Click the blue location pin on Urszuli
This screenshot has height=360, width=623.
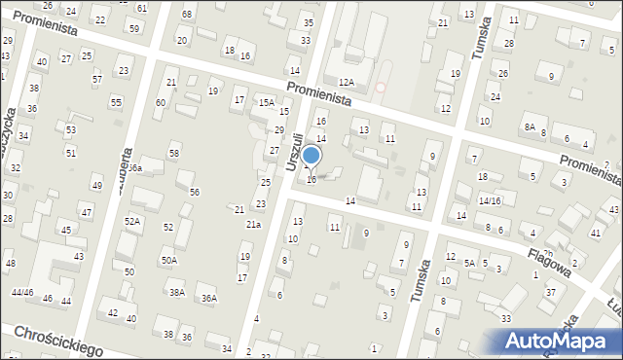click(x=311, y=156)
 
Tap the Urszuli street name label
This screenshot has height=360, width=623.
click(x=294, y=151)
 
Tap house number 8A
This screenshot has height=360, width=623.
click(x=530, y=127)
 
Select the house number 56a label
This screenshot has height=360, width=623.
click(x=135, y=168)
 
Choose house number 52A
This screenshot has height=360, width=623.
click(x=132, y=222)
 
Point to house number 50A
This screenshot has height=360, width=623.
click(x=169, y=260)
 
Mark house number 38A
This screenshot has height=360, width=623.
click(x=177, y=292)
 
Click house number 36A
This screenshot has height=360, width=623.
click(x=208, y=299)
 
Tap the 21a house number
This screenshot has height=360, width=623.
click(x=253, y=225)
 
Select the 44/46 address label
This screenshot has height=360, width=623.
click(x=22, y=292)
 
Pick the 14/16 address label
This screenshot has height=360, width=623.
click(x=489, y=200)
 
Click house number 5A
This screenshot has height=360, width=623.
click(x=468, y=263)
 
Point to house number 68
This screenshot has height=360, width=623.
click(x=187, y=15)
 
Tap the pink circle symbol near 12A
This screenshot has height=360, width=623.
click(x=381, y=88)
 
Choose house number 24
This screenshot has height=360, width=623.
click(x=495, y=97)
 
